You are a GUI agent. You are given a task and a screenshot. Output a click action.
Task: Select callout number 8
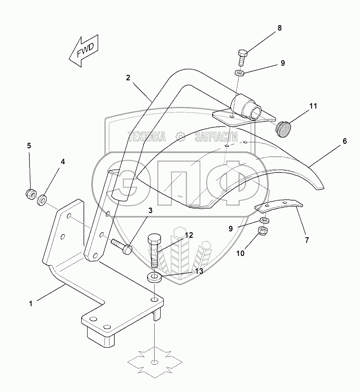(279, 28)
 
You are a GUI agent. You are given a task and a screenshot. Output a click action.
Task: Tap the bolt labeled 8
(242, 57)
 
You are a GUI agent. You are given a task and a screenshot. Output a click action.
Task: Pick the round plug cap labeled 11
(284, 129)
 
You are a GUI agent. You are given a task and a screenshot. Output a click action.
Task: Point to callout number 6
(345, 141)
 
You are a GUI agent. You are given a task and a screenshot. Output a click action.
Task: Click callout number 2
(128, 78)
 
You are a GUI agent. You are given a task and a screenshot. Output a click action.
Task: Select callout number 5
(29, 146)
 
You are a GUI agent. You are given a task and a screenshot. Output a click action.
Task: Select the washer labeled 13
(154, 277)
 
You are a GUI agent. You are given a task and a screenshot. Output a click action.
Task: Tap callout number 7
(307, 239)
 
